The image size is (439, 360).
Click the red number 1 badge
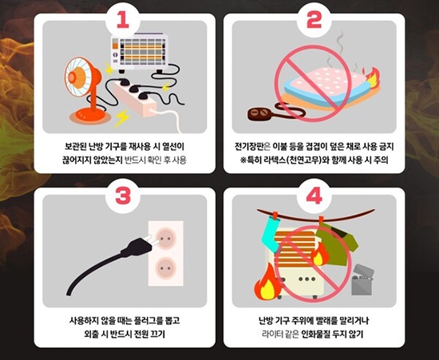pos(123,20)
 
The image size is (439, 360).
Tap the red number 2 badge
pos(314,20)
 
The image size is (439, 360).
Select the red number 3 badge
pos(123,195)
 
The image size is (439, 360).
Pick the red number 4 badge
pos(314,195)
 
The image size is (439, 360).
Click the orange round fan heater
pos(84,88)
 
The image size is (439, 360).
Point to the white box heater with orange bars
pos(140,53)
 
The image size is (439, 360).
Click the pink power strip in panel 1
pos(135,99)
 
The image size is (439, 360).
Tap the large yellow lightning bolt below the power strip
pos(122,119)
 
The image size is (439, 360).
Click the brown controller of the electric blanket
pos(259,114)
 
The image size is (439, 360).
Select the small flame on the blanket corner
pos(371,76)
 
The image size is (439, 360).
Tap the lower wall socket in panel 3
pos(165,268)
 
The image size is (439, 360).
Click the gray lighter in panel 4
pos(362,279)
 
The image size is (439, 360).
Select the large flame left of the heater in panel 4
pos(267,283)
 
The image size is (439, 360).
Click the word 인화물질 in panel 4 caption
pos(314,334)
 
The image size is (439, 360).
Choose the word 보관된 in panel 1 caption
pos(75,146)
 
